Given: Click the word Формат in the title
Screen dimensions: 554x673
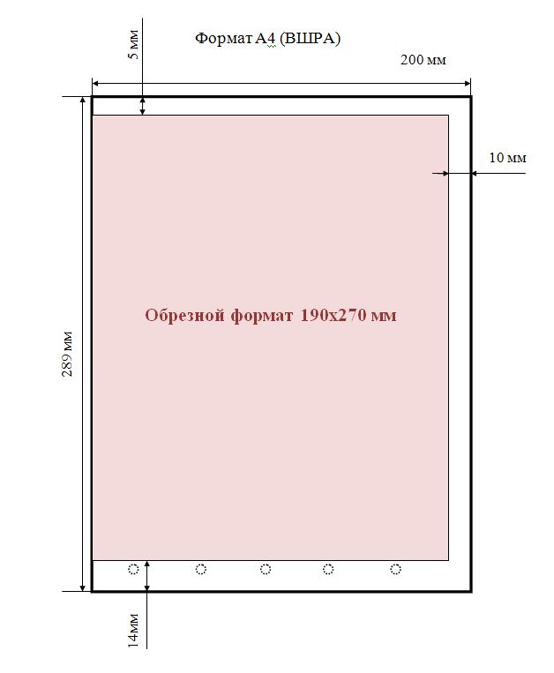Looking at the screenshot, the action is click(x=223, y=39).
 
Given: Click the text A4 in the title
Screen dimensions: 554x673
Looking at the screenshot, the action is click(x=266, y=39).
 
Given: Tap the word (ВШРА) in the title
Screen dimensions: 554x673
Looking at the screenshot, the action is click(x=310, y=39).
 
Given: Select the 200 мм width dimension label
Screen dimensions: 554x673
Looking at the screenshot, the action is click(x=423, y=60).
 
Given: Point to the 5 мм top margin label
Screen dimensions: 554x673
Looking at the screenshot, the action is click(x=134, y=44).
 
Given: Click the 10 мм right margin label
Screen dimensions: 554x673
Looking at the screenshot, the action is click(x=507, y=158).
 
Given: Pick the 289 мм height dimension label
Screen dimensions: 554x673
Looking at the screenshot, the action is click(x=67, y=354).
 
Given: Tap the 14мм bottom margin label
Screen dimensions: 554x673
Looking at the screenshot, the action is click(x=134, y=630).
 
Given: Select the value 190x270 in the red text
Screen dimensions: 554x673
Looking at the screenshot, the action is click(x=333, y=315).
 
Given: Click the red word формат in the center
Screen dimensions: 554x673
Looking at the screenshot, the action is click(x=262, y=316).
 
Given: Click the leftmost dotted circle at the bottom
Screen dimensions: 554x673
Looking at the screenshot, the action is click(x=133, y=569).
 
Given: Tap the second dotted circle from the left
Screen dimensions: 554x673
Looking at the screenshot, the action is click(x=201, y=569).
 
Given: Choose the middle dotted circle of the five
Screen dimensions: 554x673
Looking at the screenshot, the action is click(x=266, y=569).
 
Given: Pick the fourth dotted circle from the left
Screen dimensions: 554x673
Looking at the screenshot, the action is click(x=328, y=569).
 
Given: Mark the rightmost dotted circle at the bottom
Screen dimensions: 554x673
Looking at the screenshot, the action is click(x=396, y=569).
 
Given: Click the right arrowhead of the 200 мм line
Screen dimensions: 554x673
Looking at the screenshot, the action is click(x=468, y=83).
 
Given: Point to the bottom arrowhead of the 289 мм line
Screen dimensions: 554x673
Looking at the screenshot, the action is click(x=83, y=588).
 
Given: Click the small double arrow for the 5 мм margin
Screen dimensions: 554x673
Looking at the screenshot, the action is click(x=143, y=106).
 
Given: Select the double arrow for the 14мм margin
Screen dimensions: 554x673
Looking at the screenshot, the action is click(x=147, y=576).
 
